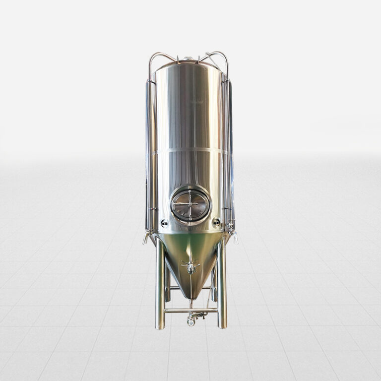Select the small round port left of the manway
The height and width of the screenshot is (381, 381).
[x=164, y=223]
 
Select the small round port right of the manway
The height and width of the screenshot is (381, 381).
[x=216, y=223]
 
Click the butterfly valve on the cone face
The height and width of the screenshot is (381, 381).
[x=190, y=266]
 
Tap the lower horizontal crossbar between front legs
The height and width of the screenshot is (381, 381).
[x=191, y=311]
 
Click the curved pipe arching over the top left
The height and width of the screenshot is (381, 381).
[x=161, y=58]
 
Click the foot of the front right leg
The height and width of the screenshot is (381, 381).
[x=222, y=326]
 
